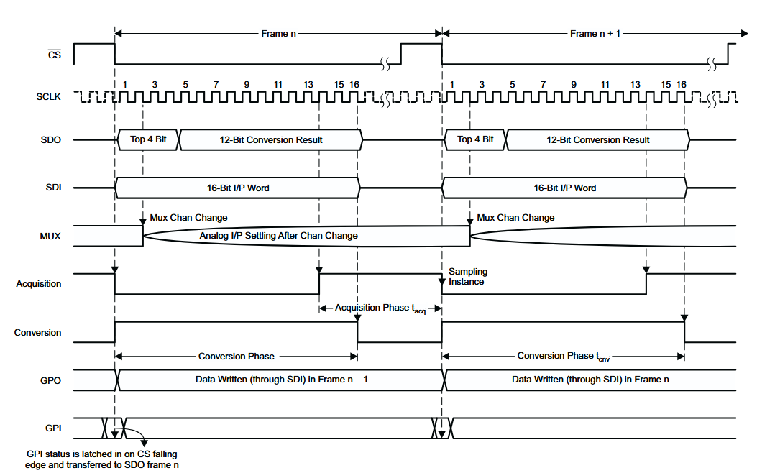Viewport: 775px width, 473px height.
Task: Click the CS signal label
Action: [x=55, y=55]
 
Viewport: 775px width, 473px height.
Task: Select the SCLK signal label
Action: [x=48, y=97]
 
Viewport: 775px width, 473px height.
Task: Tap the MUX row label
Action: [x=50, y=236]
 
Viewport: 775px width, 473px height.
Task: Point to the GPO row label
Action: [x=51, y=380]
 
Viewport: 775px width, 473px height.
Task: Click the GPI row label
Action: [x=53, y=428]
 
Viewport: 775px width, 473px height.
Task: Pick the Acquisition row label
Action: [x=39, y=284]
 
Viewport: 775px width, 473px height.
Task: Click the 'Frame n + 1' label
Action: [x=595, y=34]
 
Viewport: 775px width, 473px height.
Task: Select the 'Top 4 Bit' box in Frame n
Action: [x=148, y=139]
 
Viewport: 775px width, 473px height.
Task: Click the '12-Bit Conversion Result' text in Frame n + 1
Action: [x=598, y=140]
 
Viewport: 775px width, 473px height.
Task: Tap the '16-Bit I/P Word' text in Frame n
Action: [x=238, y=188]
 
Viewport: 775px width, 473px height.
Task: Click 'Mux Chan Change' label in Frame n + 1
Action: [x=515, y=218]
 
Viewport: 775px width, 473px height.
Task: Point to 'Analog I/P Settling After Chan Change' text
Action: [x=279, y=236]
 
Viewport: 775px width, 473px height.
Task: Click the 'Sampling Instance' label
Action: [x=467, y=276]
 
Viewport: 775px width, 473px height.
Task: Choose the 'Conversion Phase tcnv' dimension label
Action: [x=564, y=357]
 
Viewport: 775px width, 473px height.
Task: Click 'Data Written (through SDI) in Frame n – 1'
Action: [x=282, y=380]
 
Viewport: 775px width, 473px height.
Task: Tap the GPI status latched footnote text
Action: [x=102, y=459]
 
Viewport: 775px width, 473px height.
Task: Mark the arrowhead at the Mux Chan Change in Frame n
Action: [x=143, y=221]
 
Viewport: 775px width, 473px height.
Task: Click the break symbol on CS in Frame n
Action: [x=385, y=64]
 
